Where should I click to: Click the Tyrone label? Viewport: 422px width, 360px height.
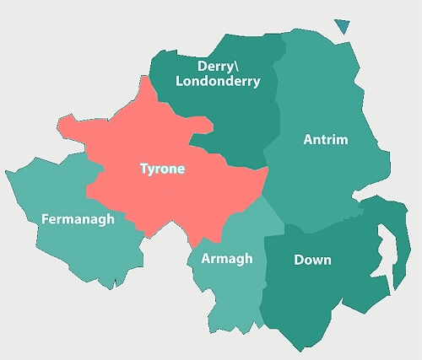pyautogui.click(x=162, y=169)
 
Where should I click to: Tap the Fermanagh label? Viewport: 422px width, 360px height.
pyautogui.click(x=78, y=219)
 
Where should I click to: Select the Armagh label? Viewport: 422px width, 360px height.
pyautogui.click(x=226, y=259)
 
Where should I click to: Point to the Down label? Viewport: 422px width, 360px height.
pyautogui.click(x=312, y=260)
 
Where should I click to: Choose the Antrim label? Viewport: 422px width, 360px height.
pyautogui.click(x=325, y=140)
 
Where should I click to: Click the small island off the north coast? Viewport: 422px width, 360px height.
pyautogui.click(x=342, y=25)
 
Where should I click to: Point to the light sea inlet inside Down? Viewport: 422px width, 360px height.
pyautogui.click(x=379, y=253)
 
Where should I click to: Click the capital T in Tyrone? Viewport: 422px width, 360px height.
pyautogui.click(x=143, y=169)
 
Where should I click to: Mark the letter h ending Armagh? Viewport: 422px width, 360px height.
pyautogui.click(x=248, y=259)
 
